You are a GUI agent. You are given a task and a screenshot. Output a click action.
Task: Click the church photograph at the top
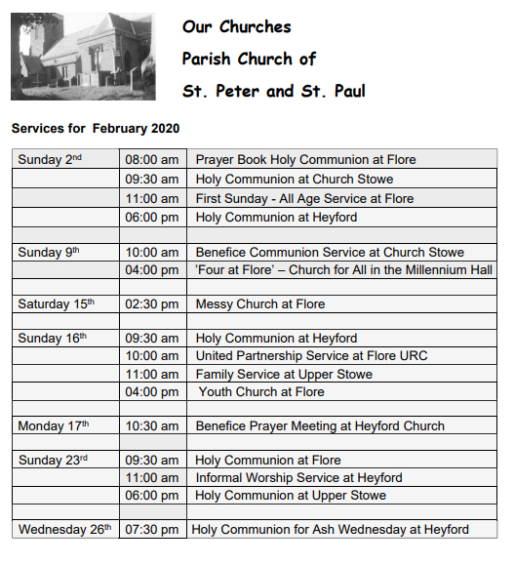coord(83,57)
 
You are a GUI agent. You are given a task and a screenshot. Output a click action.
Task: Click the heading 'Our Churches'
coord(236,26)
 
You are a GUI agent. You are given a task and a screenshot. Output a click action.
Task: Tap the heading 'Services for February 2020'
coord(96,129)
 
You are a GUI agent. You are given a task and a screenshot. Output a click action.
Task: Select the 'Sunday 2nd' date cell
coord(64,160)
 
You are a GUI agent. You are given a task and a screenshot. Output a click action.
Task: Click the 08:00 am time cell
coord(152,160)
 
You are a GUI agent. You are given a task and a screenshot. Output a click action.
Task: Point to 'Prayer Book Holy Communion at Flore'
coord(305,160)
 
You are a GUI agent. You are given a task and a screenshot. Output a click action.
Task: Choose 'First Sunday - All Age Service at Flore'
coord(304,198)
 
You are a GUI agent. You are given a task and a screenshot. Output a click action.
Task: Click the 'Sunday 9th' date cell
coord(64,253)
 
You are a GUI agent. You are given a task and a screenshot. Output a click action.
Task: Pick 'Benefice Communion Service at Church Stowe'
coord(330,253)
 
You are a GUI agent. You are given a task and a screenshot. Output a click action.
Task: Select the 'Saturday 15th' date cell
coord(64,304)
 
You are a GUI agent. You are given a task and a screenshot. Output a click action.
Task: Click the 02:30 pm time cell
coord(152,304)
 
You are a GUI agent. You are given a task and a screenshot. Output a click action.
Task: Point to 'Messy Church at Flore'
coord(260,304)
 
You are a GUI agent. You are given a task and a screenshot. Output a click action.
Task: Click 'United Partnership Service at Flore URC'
coord(311,356)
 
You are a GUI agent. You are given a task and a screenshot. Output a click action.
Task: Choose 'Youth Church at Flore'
coord(261,392)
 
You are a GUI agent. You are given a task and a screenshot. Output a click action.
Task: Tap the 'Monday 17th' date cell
coord(64,426)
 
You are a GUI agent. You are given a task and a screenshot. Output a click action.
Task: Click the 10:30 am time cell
coord(152,426)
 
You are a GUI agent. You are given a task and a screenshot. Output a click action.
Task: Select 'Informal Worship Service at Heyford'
coord(298,478)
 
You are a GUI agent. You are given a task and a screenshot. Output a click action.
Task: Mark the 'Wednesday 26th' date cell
coord(64,530)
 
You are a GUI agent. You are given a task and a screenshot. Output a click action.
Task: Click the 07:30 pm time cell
coord(152,530)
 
